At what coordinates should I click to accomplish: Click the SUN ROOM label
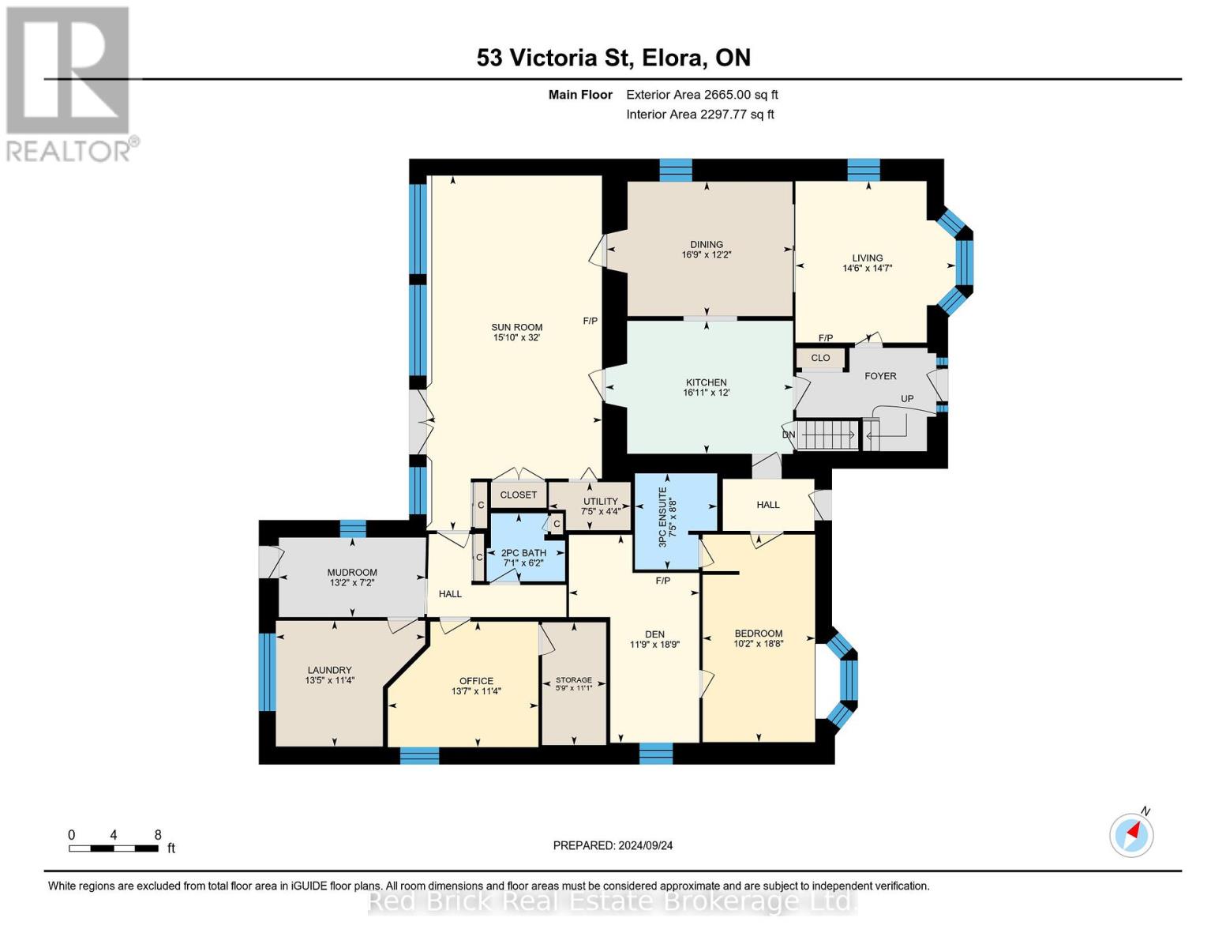[x=516, y=327]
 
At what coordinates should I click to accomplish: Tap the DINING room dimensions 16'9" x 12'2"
[x=707, y=254]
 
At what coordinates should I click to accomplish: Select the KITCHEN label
[x=707, y=382]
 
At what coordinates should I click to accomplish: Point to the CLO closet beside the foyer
[x=820, y=358]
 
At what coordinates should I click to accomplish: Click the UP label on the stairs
[x=906, y=399]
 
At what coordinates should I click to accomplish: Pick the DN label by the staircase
[x=789, y=434]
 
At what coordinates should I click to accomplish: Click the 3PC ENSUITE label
[x=662, y=517]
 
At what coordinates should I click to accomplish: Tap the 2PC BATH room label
[x=523, y=553]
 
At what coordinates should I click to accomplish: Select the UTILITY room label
[x=600, y=502]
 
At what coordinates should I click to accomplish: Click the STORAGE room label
[x=574, y=680]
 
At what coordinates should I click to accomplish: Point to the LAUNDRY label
[x=329, y=670]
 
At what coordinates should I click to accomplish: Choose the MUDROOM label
[x=352, y=572]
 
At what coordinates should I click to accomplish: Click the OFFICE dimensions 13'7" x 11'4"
[x=476, y=691]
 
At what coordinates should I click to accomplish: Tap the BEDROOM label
[x=759, y=634]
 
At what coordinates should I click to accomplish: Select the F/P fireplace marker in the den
[x=663, y=581]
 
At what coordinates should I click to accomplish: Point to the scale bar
[x=114, y=848]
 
